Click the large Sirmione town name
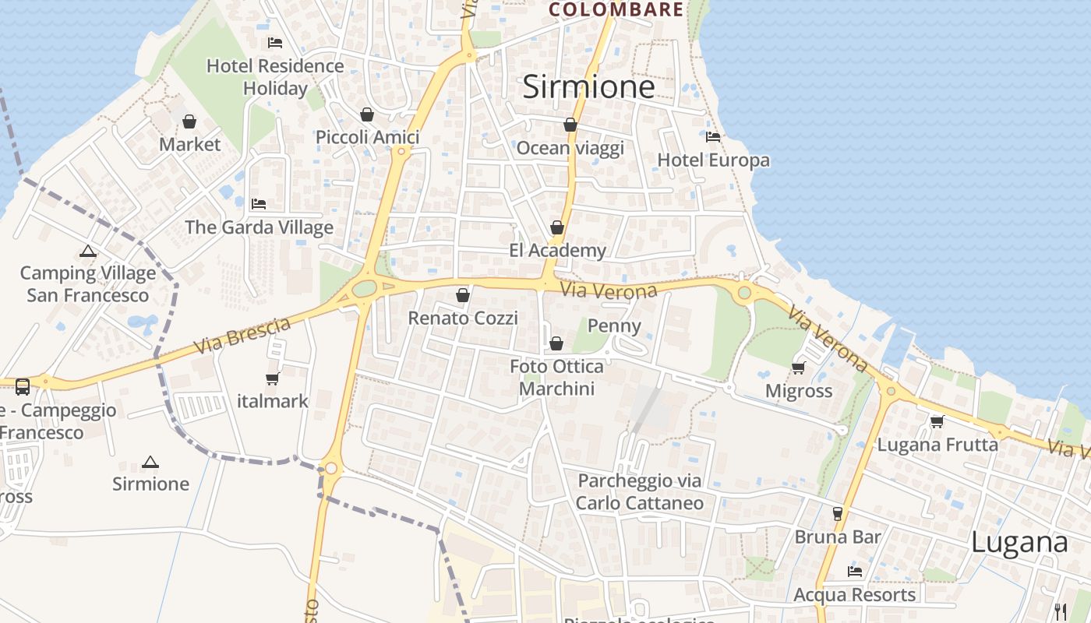[588, 86]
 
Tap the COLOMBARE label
[616, 10]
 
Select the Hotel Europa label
[713, 160]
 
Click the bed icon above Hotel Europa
[712, 137]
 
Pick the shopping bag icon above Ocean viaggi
[570, 125]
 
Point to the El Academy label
[557, 251]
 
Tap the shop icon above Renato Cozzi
[463, 295]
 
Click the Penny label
[614, 326]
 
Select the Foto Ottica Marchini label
[556, 378]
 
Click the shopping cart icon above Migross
[798, 368]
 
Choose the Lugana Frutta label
[937, 445]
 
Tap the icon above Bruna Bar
[838, 513]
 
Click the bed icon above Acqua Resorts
[855, 572]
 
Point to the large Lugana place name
[1019, 543]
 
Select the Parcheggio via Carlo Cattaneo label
[640, 492]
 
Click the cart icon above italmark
[272, 378]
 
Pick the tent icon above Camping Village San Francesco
[87, 252]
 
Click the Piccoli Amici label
[367, 137]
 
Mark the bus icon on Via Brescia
[23, 386]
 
